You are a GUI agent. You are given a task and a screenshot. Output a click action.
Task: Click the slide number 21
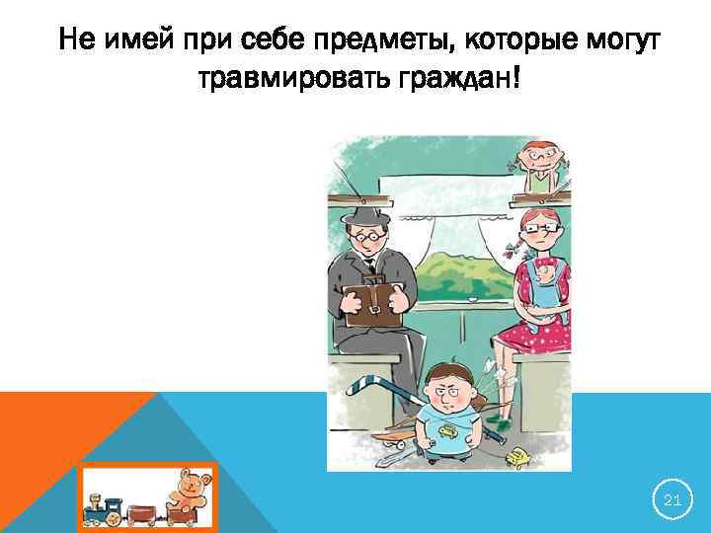coord(672,501)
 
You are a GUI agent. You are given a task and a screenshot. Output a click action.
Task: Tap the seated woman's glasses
coord(539,229)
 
